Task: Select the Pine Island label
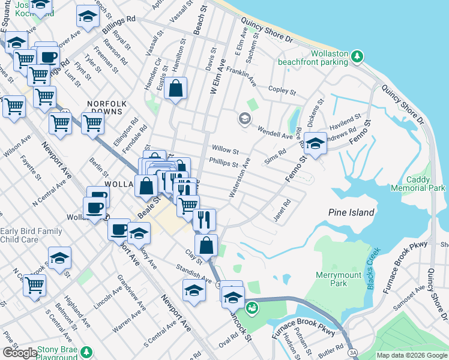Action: click(x=351, y=212)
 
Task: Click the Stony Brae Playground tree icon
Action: click(x=87, y=351)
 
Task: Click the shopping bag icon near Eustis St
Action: click(x=175, y=89)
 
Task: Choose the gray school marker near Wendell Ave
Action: click(x=244, y=118)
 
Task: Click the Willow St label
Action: click(x=225, y=151)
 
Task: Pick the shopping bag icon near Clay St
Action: click(x=206, y=245)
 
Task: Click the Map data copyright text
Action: click(x=412, y=355)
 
